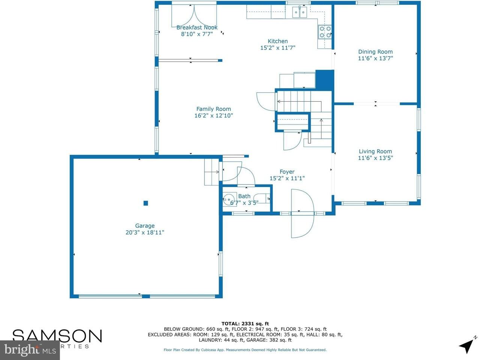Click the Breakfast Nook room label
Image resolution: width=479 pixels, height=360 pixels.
197,27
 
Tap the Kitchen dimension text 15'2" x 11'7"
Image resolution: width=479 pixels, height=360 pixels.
278,48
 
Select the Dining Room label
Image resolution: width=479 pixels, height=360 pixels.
375,52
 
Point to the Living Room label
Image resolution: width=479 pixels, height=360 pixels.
375,151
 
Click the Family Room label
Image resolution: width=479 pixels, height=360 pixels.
213,109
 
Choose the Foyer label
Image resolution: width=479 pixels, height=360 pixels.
287,172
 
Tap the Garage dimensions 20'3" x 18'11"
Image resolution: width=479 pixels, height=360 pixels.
145,232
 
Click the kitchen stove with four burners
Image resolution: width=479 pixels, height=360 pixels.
325,31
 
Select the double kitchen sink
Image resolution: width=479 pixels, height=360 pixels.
300,13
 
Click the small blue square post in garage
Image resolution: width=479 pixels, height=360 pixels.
146,203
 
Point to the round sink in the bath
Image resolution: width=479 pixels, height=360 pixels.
228,199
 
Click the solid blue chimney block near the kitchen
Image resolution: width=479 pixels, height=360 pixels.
324,79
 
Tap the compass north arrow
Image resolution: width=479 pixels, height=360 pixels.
467,345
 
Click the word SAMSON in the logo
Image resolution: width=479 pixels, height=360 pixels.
57,336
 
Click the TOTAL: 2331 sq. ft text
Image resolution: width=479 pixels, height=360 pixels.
245,324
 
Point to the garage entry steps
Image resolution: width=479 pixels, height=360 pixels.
211,172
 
